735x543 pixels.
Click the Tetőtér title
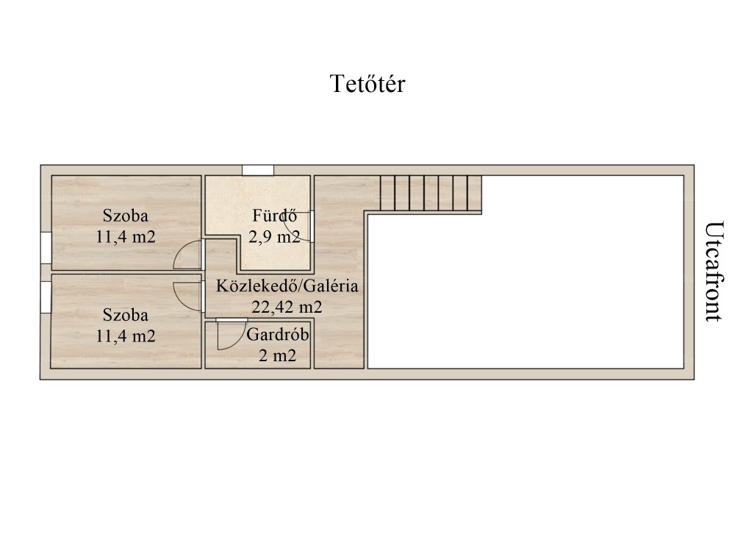pyautogui.click(x=367, y=84)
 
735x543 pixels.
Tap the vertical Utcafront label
pyautogui.click(x=713, y=271)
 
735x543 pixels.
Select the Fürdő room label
pyautogui.click(x=275, y=216)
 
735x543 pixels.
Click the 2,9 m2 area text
pyautogui.click(x=274, y=236)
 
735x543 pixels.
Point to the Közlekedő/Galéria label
pyautogui.click(x=287, y=285)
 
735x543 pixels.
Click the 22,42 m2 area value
pyautogui.click(x=287, y=307)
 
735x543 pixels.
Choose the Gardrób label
pyautogui.click(x=278, y=335)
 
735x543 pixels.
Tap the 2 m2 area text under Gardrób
pyautogui.click(x=278, y=355)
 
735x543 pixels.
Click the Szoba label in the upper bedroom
pyautogui.click(x=126, y=216)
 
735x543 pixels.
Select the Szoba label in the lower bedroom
pyautogui.click(x=126, y=314)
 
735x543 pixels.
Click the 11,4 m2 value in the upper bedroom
pyautogui.click(x=126, y=236)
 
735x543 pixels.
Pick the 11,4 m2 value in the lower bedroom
pyautogui.click(x=126, y=336)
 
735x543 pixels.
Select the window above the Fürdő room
pyautogui.click(x=258, y=171)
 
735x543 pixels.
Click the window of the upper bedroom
pyautogui.click(x=46, y=248)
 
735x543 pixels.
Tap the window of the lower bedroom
pyautogui.click(x=46, y=297)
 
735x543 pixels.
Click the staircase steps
pyautogui.click(x=431, y=194)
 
